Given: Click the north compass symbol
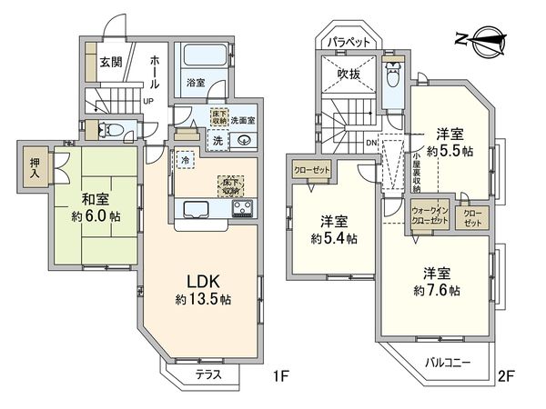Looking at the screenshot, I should pos(479,38).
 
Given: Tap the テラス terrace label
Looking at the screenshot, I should pos(210,373).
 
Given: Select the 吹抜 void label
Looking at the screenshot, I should pos(350,73).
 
